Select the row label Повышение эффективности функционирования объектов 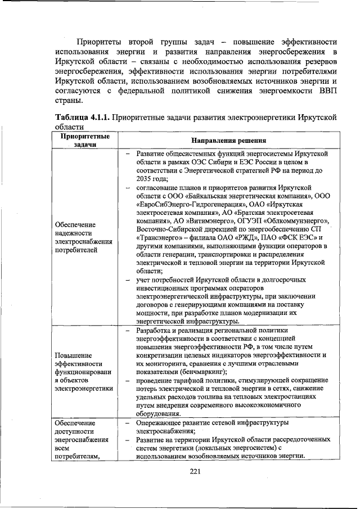(82, 372)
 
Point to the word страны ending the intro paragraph (69, 101)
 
